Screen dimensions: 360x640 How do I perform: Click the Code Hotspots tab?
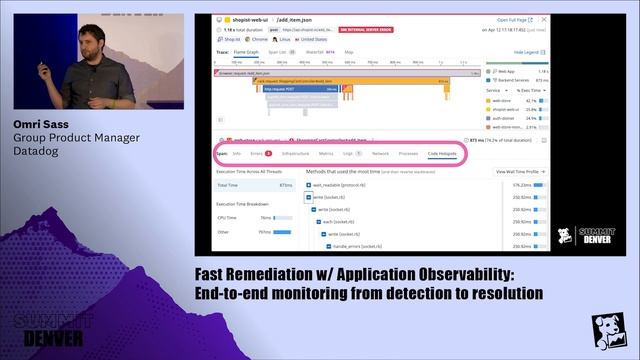[441, 154]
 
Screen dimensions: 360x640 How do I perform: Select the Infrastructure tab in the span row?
[295, 154]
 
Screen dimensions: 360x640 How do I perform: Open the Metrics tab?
[326, 154]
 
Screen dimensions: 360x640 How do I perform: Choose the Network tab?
[380, 154]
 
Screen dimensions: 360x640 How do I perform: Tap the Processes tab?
[408, 154]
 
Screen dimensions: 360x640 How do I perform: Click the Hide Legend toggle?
[526, 51]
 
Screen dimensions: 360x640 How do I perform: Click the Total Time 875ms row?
[255, 185]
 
